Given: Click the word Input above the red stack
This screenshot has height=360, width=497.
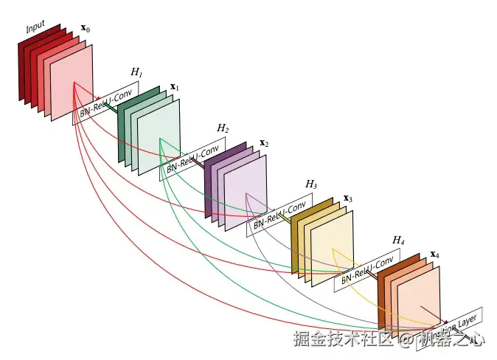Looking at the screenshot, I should (35, 27).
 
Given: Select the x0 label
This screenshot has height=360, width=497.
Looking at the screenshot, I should (86, 30).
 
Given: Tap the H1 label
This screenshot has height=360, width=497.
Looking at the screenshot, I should (136, 72).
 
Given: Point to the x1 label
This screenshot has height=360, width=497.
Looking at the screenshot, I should (175, 87).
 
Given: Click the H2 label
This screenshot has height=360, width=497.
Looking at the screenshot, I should (223, 128).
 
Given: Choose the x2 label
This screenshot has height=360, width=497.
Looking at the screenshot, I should (263, 142).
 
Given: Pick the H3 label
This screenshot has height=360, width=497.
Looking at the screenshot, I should (311, 184).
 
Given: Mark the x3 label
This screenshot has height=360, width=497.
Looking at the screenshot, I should (348, 199).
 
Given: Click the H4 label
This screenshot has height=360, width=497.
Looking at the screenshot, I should (398, 240).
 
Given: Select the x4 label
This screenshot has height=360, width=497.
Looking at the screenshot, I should (434, 255).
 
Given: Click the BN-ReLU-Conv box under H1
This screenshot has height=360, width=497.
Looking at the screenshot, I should (105, 103).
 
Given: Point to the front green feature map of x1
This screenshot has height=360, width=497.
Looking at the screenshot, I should (159, 136).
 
